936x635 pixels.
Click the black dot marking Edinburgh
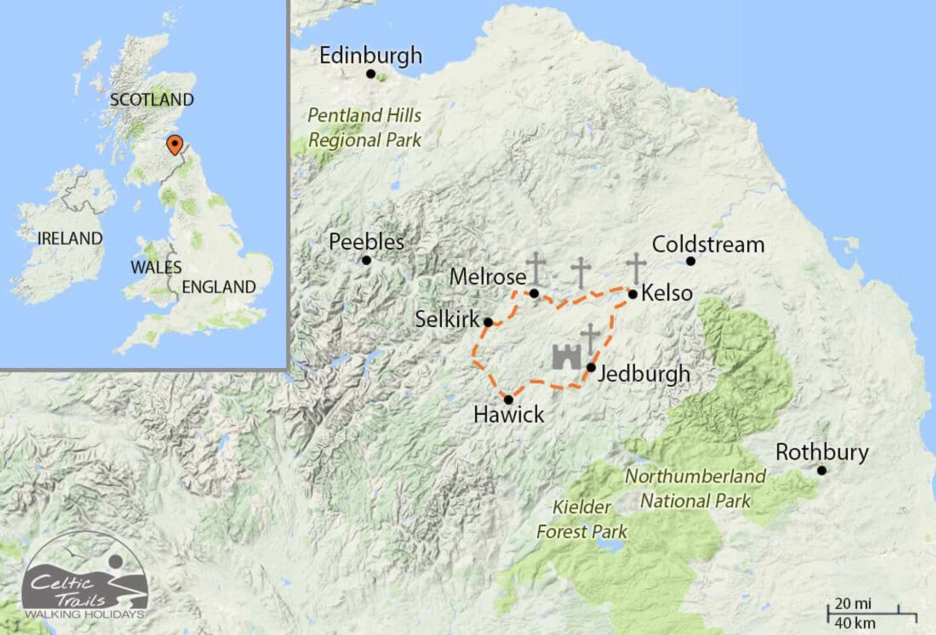[x=370, y=74]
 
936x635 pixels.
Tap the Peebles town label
[x=367, y=242]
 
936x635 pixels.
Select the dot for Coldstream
[x=690, y=261]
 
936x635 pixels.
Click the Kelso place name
[x=667, y=293]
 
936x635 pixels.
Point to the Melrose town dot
[x=534, y=294]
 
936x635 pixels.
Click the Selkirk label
[x=447, y=319]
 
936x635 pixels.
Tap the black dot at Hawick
[x=508, y=400]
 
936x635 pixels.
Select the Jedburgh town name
[x=644, y=375]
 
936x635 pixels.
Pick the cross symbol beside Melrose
[x=536, y=268]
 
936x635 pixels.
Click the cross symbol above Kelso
[x=636, y=268]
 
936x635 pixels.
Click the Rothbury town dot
[x=821, y=471]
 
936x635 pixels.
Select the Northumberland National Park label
[x=696, y=489]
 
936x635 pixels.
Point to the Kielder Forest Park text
[x=582, y=519]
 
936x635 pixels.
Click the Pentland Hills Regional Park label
[x=365, y=128]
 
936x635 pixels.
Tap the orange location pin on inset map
[x=175, y=144]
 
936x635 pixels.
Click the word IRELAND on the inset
[x=70, y=238]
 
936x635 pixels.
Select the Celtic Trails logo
[x=85, y=578]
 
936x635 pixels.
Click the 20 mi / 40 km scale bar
[x=871, y=614]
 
